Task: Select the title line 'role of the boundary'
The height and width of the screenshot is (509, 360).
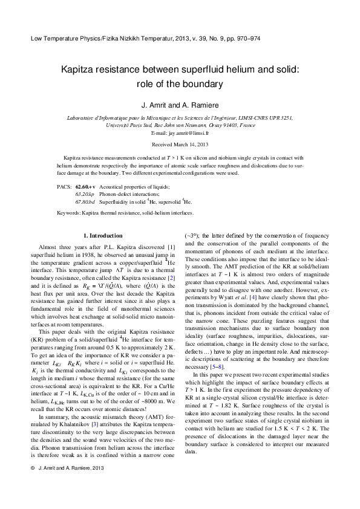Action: click(x=180, y=84)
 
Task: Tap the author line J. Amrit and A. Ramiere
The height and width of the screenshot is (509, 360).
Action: click(x=180, y=104)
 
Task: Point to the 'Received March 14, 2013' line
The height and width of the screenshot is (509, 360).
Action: click(x=180, y=144)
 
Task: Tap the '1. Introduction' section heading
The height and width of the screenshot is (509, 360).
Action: click(x=103, y=236)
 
